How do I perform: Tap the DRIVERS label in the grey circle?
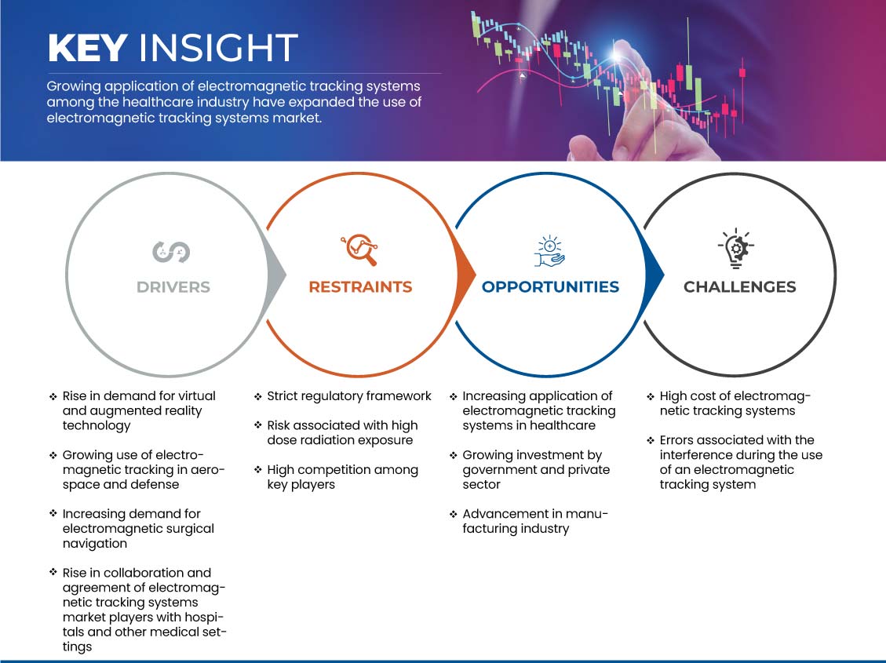[173, 287]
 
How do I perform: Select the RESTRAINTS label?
[360, 287]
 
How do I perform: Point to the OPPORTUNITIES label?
[550, 287]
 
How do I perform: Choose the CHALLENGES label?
[740, 287]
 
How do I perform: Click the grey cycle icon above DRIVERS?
[171, 252]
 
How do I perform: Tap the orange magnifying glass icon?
[359, 250]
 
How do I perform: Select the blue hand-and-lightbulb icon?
[549, 251]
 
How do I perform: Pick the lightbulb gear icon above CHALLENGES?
[735, 248]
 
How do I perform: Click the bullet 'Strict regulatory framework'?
[349, 396]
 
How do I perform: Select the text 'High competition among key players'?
[342, 477]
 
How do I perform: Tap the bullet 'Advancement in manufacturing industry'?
[534, 521]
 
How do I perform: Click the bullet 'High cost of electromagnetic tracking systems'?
[735, 403]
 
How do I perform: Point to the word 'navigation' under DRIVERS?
[95, 543]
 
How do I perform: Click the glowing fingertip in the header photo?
[617, 54]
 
